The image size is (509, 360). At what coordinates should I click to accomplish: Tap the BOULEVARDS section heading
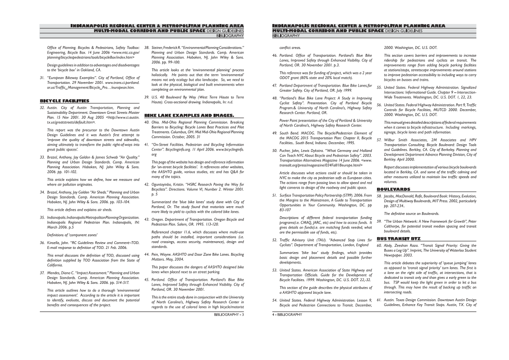tap(393, 189)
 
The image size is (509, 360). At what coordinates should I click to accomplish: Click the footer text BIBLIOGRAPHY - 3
tap(229, 314)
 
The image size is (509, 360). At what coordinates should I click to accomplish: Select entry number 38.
tap(147, 47)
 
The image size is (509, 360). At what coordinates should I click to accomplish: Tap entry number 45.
tap(147, 279)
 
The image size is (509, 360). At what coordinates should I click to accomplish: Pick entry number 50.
tap(275, 150)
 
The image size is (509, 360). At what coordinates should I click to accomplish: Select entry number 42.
tap(147, 185)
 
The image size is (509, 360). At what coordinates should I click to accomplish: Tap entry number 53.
tap(275, 270)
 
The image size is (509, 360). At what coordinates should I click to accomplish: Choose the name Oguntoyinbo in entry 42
tap(163, 185)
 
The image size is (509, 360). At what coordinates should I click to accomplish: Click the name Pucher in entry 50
tap(286, 150)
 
